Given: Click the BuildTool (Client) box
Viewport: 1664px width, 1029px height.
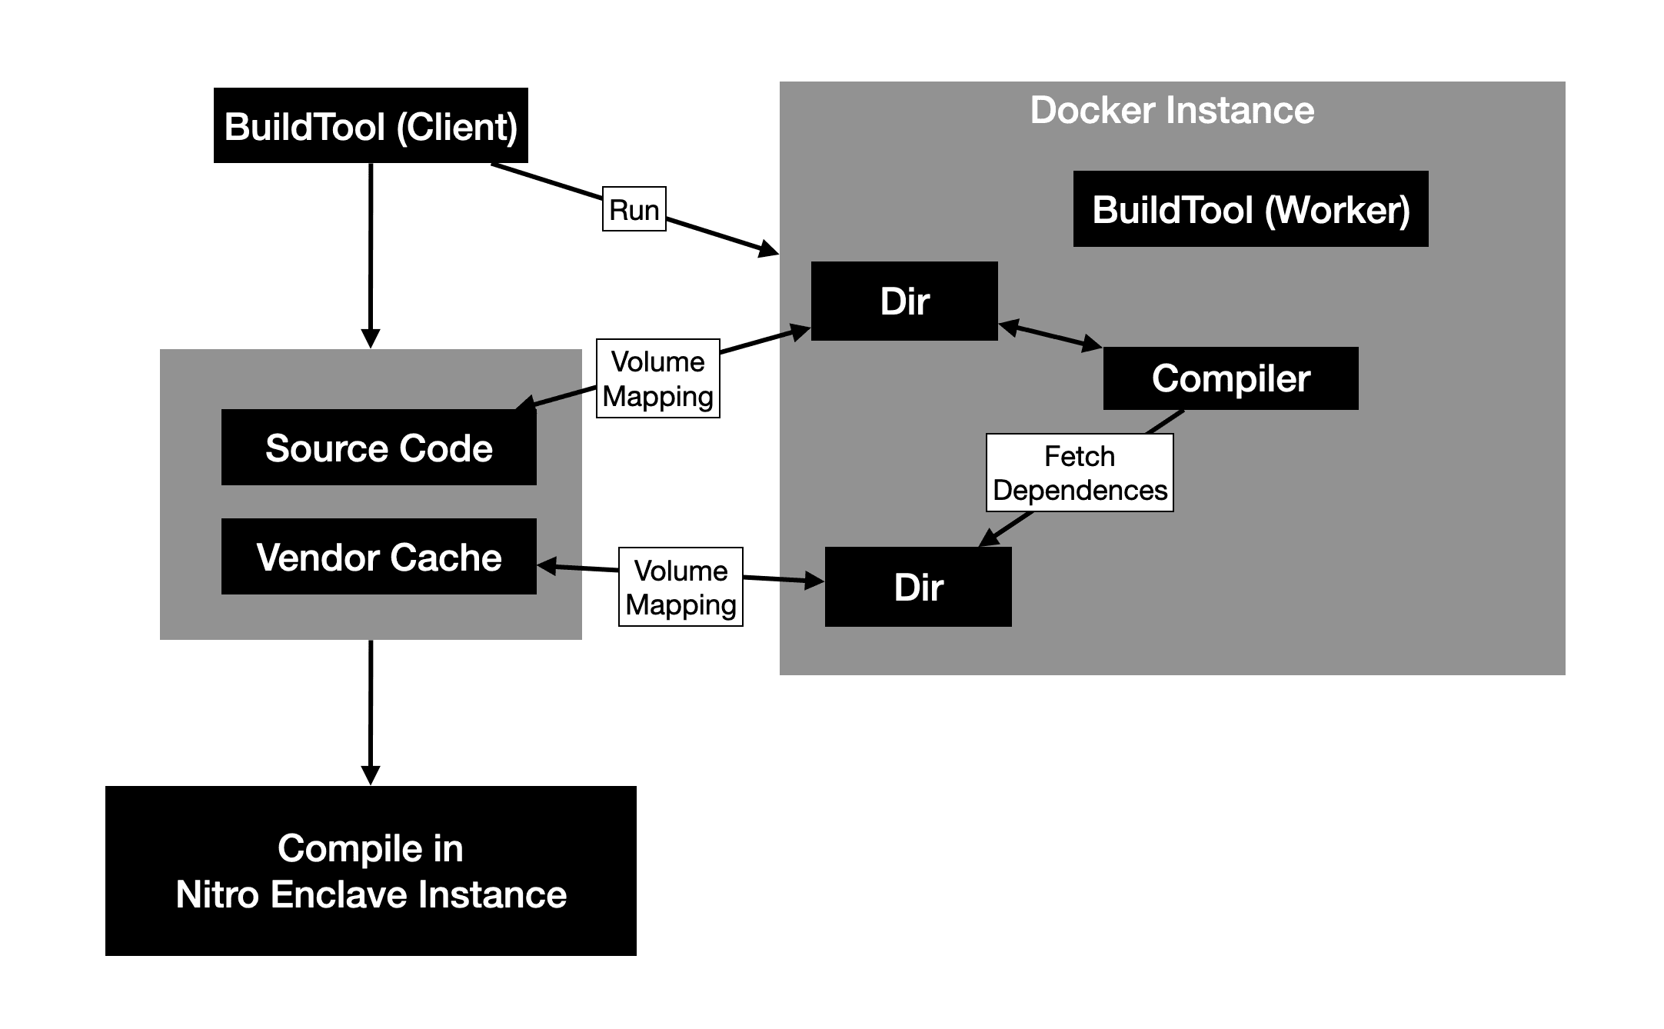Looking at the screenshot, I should tap(371, 125).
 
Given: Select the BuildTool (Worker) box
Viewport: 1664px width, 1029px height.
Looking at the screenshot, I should tap(1250, 209).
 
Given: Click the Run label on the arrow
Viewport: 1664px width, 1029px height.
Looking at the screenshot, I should tap(634, 209).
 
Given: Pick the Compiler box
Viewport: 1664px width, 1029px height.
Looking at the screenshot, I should tap(1230, 378).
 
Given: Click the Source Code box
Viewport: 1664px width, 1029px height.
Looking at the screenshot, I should tap(378, 448).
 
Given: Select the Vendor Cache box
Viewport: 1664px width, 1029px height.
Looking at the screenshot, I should tap(378, 557).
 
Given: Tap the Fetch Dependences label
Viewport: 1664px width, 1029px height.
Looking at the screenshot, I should tap(1080, 473).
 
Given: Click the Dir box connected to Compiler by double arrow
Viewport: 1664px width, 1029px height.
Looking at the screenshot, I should tap(904, 301).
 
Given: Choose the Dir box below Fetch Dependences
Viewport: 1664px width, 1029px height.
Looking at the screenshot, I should tap(918, 588).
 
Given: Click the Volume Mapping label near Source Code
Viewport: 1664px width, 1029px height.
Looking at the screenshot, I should tap(657, 378).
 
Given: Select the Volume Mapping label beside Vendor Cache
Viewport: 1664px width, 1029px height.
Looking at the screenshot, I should tap(681, 587).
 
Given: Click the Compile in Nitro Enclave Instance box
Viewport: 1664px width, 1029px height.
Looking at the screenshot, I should tap(371, 871).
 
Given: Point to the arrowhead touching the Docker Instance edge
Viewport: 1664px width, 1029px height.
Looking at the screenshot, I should tap(769, 249).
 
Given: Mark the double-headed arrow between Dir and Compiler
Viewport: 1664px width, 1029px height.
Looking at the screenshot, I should tap(1050, 336).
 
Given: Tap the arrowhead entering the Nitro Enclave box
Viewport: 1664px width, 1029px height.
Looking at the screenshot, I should tap(371, 775).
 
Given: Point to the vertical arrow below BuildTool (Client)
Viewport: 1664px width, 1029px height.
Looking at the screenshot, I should tap(371, 254).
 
